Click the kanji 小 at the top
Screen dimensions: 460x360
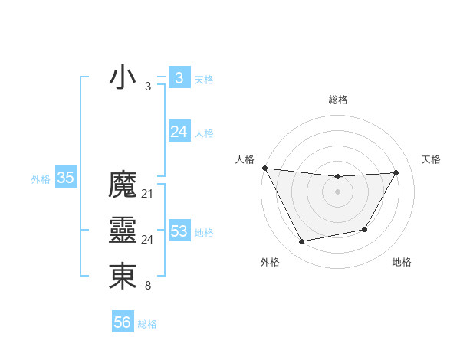[x=123, y=77]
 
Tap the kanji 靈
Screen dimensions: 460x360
[x=123, y=231]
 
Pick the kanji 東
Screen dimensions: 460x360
[x=123, y=277]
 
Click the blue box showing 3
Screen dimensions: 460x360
[x=179, y=77]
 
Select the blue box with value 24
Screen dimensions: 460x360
[x=179, y=132]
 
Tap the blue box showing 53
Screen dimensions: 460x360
[x=179, y=231]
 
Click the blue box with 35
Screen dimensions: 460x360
[x=65, y=178]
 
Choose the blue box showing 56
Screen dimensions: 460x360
[x=122, y=322]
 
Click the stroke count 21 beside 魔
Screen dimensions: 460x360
[x=147, y=194]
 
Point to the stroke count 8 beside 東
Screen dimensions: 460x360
[x=147, y=286]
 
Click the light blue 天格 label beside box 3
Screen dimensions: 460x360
[x=204, y=80]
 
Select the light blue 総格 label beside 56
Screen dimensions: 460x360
[x=147, y=324]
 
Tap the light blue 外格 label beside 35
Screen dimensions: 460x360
[x=41, y=179]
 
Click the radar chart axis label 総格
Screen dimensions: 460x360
[x=338, y=100]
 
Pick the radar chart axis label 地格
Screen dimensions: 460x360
[x=402, y=262]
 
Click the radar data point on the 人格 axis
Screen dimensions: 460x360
[x=264, y=168]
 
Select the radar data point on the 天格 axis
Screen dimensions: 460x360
[x=396, y=172]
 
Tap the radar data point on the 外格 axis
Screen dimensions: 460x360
[x=302, y=242]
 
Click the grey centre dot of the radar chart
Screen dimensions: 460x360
[x=338, y=192]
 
